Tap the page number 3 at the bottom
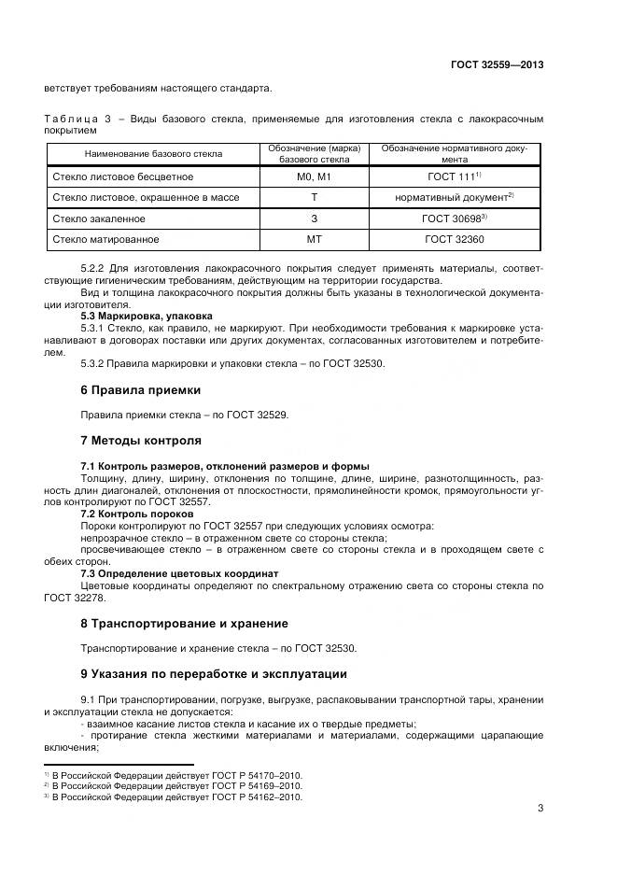540,809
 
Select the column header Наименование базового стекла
153,153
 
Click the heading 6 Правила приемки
140,389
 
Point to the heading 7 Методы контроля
142,440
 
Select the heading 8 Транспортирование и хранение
184,623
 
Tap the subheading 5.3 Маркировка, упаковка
147,316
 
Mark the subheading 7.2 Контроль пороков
137,514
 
